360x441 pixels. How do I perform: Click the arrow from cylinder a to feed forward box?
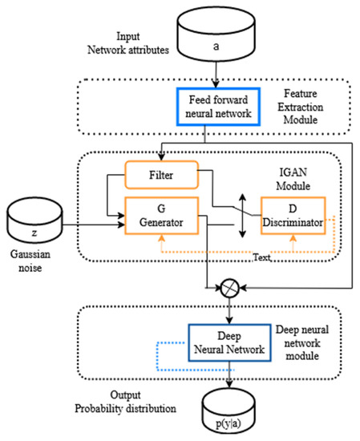pyautogui.click(x=214, y=79)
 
